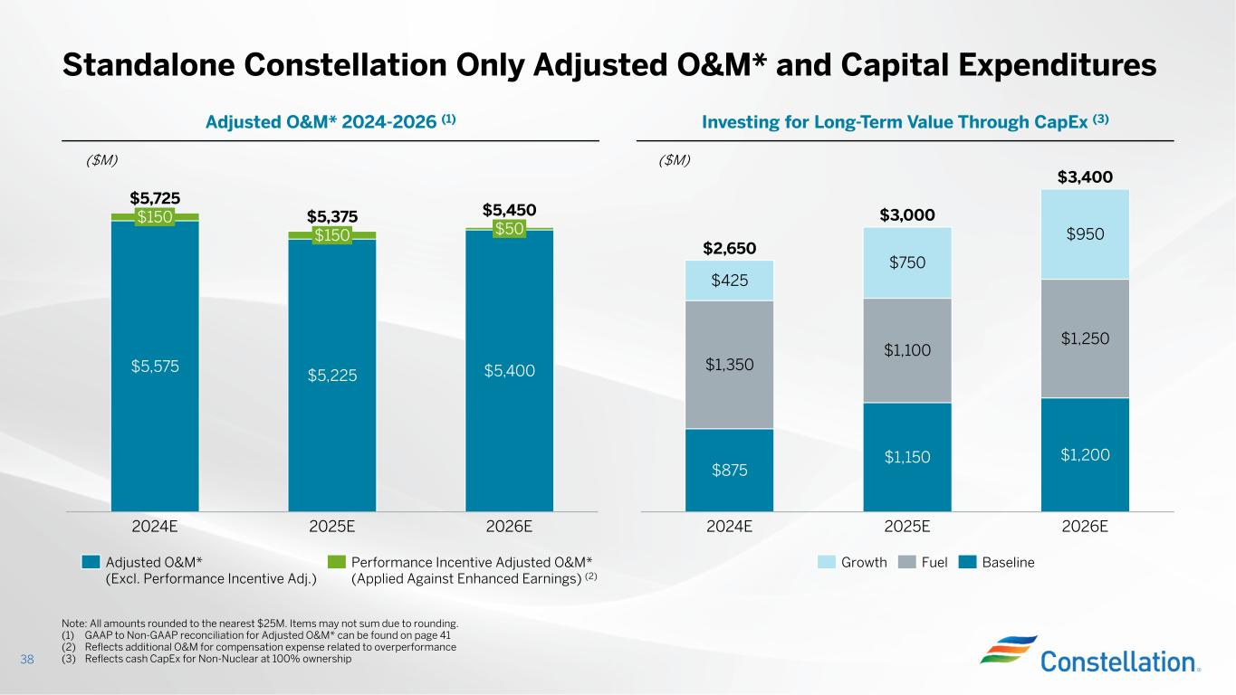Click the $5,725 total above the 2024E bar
tap(155, 198)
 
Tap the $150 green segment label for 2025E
tap(331, 235)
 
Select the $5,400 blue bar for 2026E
tap(509, 370)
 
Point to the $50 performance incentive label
tap(509, 229)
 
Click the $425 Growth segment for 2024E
tap(729, 281)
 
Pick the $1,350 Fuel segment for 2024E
tap(729, 364)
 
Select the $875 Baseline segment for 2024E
tap(729, 470)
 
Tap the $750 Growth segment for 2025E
tap(907, 262)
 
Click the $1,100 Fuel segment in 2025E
tap(907, 349)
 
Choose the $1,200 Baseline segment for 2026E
tap(1085, 455)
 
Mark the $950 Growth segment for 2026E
tap(1085, 233)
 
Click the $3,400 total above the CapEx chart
tap(1085, 176)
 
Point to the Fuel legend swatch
tap(908, 563)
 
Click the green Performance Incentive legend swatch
tap(336, 562)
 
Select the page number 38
tap(26, 659)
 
